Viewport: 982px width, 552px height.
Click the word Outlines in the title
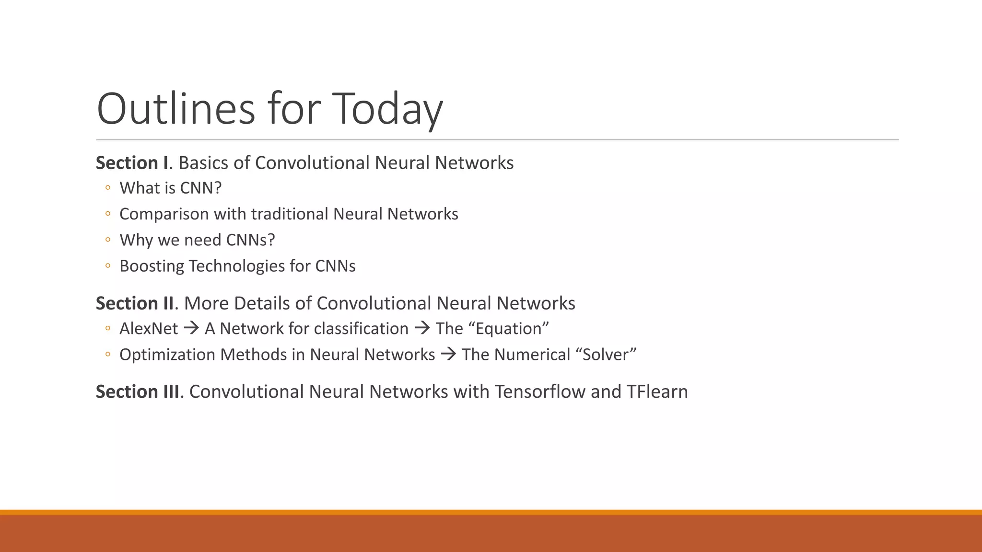point(175,109)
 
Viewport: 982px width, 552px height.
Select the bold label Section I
point(132,163)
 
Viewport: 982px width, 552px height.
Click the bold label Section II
point(135,303)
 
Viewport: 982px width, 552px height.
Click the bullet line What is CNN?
point(170,188)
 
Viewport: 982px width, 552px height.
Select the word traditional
point(289,214)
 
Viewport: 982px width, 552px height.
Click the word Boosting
point(152,266)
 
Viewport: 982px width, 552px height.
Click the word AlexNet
point(149,329)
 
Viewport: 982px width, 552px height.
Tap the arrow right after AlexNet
point(191,329)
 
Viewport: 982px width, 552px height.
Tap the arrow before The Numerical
point(448,355)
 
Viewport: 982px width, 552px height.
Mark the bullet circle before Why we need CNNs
point(108,240)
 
